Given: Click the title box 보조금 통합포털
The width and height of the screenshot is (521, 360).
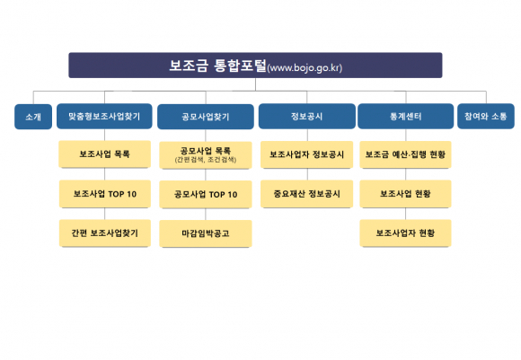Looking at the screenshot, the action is pyautogui.click(x=255, y=66).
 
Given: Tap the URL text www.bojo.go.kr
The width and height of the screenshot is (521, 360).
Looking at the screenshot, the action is pyautogui.click(x=305, y=67).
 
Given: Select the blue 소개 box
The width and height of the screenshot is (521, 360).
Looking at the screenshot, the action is pyautogui.click(x=33, y=117).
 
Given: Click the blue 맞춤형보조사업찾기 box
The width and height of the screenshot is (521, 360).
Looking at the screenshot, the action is pyautogui.click(x=104, y=116).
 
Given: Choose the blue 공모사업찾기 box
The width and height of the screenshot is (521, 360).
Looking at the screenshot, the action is pyautogui.click(x=206, y=117).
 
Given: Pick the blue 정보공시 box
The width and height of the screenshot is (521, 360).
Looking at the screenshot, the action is pyautogui.click(x=306, y=116).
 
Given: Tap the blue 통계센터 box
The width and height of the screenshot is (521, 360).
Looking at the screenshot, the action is pyautogui.click(x=405, y=116).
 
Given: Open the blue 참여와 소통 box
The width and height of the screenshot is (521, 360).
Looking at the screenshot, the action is pyautogui.click(x=486, y=116).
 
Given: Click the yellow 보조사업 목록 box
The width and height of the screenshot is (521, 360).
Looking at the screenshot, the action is pyautogui.click(x=105, y=154).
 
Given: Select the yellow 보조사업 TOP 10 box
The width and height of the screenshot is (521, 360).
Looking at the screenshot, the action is pyautogui.click(x=105, y=194).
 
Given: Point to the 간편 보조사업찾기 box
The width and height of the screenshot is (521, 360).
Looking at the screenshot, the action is pyautogui.click(x=105, y=233).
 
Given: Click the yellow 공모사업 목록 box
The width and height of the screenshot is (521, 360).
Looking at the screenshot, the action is pyautogui.click(x=206, y=155).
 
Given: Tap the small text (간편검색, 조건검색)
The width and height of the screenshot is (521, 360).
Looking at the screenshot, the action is pyautogui.click(x=206, y=160).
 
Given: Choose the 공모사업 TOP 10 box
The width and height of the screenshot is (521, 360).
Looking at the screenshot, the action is pyautogui.click(x=206, y=194).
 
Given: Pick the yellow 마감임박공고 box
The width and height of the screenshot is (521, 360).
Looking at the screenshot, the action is pyautogui.click(x=206, y=233).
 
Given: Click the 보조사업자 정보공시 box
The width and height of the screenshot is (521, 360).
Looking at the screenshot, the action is pyautogui.click(x=306, y=154).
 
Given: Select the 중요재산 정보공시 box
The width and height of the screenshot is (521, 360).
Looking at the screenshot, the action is pyautogui.click(x=306, y=194).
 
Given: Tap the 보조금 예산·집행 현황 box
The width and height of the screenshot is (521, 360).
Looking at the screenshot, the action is pyautogui.click(x=405, y=154).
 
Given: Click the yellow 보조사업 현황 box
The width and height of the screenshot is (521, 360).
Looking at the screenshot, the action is pyautogui.click(x=405, y=194).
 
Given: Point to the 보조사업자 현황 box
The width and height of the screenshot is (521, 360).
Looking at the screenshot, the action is pyautogui.click(x=405, y=233).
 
